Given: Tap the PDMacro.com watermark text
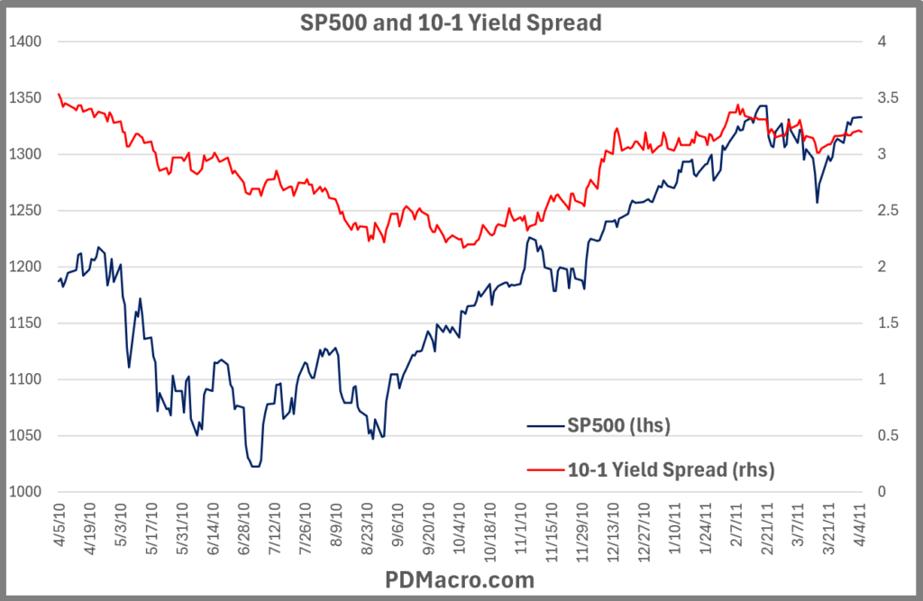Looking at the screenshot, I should (x=461, y=579).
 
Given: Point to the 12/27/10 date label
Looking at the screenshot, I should (x=644, y=526).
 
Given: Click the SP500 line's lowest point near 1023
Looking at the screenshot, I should (x=255, y=466).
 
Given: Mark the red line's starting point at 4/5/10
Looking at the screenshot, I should (x=59, y=94).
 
